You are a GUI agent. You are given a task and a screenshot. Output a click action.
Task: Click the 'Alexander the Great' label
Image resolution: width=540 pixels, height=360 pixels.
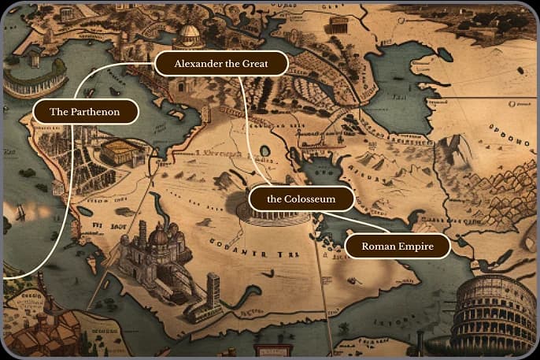tap(221, 63)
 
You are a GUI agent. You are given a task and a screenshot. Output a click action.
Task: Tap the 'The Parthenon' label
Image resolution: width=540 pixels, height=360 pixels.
tap(85, 112)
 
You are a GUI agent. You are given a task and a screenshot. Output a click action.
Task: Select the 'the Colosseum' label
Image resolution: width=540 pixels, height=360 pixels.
tap(301, 199)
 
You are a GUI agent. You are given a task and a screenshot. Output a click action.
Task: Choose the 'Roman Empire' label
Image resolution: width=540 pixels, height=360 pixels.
tap(398, 247)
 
